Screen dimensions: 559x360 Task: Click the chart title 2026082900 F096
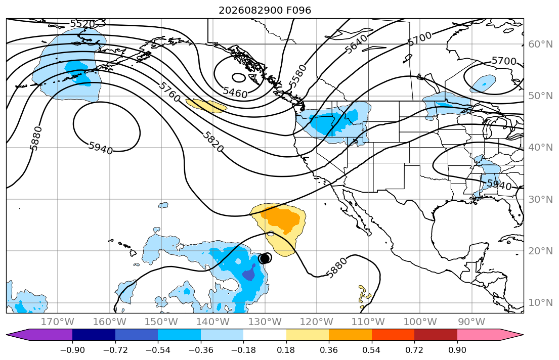pos(265,10)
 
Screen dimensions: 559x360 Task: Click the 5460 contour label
pos(235,93)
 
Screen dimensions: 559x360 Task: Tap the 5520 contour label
pos(82,24)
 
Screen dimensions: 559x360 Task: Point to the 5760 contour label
pos(169,92)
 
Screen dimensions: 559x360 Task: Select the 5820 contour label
pos(213,142)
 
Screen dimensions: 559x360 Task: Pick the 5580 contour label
pos(297,76)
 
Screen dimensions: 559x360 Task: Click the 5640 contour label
pos(356,44)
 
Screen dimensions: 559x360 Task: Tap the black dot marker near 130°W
pos(265,258)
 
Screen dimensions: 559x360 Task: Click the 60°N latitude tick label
pos(540,44)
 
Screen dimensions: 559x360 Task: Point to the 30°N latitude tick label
pos(540,199)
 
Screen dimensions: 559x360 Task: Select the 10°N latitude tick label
pos(540,303)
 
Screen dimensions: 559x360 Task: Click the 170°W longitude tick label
pos(58,322)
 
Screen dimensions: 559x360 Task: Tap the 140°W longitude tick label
pos(213,322)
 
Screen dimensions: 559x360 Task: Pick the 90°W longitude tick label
pos(471,322)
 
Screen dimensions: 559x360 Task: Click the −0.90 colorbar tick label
pos(72,350)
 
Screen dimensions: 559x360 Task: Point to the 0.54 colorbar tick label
pos(371,350)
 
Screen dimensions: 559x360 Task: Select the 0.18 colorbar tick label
pos(286,350)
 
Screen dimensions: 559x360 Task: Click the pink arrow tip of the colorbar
pos(523,335)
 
